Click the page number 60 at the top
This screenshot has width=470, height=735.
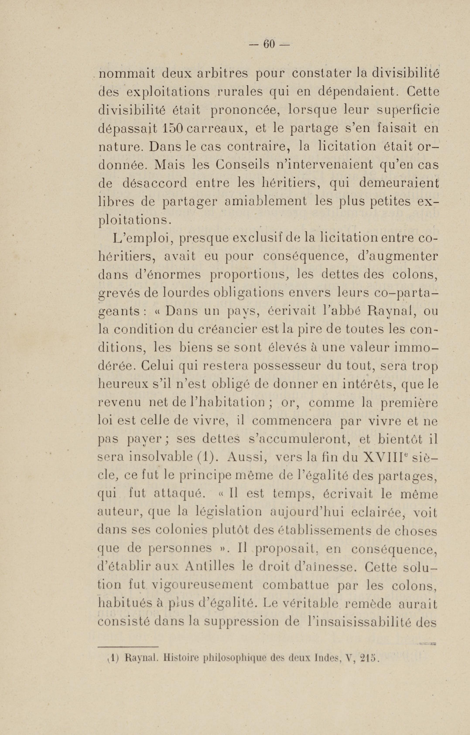coord(269,45)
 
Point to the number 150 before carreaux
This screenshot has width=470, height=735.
coord(173,128)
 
